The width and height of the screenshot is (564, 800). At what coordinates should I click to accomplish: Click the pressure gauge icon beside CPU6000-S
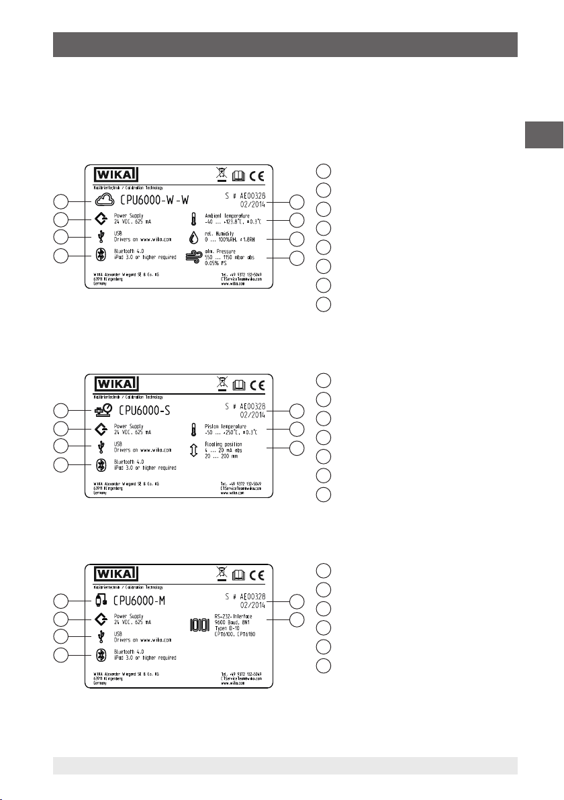pos(105,409)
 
